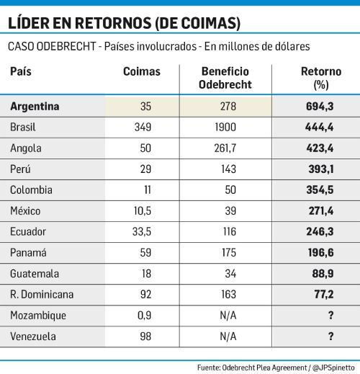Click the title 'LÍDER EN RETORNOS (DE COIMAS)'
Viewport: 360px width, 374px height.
(x=124, y=24)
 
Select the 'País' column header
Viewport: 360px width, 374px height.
(x=21, y=72)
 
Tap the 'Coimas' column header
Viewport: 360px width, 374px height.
(x=142, y=72)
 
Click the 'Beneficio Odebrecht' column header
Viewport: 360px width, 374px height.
(x=225, y=78)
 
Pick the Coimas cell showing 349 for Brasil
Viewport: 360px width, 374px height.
(x=142, y=127)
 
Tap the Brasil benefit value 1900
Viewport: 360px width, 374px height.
(x=225, y=127)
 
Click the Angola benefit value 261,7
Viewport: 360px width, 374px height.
(x=225, y=148)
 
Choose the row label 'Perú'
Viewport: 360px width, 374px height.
(x=21, y=169)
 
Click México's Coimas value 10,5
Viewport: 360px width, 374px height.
(x=142, y=211)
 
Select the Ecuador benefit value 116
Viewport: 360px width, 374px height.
(x=225, y=232)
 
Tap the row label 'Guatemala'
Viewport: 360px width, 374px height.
(x=33, y=274)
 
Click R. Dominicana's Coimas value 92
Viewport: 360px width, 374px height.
(x=142, y=295)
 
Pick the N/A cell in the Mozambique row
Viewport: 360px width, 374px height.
(x=225, y=316)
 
